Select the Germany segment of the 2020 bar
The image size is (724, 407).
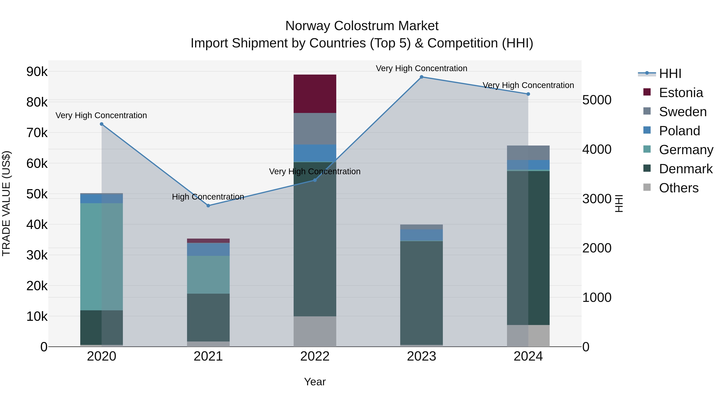tap(102, 256)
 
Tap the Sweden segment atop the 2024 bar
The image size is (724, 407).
tap(528, 153)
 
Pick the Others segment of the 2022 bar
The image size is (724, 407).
tap(315, 331)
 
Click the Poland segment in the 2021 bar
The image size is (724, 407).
tap(208, 249)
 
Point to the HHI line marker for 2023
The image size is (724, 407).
tap(421, 77)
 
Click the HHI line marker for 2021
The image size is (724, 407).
tap(208, 206)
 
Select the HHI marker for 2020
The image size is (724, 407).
tap(102, 124)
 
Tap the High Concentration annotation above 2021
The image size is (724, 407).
tap(208, 197)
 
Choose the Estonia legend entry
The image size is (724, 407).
tap(681, 93)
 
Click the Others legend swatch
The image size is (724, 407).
tap(647, 187)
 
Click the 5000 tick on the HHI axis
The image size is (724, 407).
tap(597, 100)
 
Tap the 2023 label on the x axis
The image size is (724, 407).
tap(421, 356)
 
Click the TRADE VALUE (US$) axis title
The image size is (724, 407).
tap(6, 203)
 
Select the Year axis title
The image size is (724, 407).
tap(315, 382)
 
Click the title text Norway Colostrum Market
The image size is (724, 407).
tap(362, 26)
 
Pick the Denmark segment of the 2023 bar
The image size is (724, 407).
tap(421, 292)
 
